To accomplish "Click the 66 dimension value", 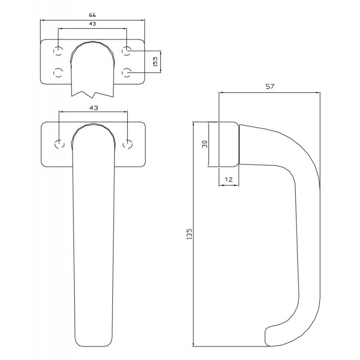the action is pyautogui.click(x=92, y=15).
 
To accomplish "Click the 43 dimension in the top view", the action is pyautogui.click(x=92, y=24).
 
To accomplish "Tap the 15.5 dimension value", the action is pyautogui.click(x=155, y=62).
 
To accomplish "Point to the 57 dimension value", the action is pyautogui.click(x=270, y=86).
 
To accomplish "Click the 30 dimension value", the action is pyautogui.click(x=205, y=144).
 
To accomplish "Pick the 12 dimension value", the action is pyautogui.click(x=229, y=179).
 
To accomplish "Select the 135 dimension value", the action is pyautogui.click(x=189, y=234).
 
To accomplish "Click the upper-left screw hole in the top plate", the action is pyautogui.click(x=58, y=51).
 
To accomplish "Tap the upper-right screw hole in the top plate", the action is pyautogui.click(x=126, y=51).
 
